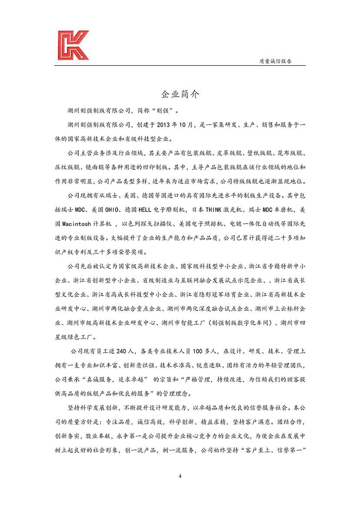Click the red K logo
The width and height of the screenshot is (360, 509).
[73, 45]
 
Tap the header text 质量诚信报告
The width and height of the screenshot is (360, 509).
[275, 61]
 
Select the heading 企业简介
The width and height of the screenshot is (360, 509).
[180, 95]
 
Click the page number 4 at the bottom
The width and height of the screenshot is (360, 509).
[180, 475]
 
